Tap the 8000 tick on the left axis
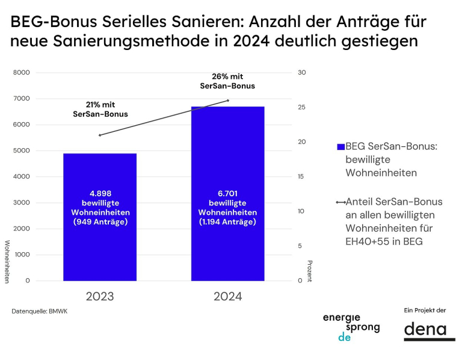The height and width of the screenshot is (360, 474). tap(22, 73)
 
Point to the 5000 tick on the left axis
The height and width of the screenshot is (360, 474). tap(22, 151)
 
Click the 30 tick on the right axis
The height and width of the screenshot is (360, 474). tap(302, 73)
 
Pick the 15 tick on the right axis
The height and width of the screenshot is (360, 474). tap(302, 177)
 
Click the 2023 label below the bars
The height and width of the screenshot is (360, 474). tap(100, 297)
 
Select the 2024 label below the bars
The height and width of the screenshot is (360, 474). tap(227, 297)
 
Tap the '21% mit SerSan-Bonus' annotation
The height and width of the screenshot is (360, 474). tap(100, 109)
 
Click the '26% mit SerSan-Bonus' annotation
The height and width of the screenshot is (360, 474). tap(227, 81)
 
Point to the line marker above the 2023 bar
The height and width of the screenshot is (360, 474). tap(100, 135)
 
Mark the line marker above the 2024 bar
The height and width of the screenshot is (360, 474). tap(227, 101)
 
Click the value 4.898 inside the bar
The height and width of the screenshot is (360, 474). tap(100, 194)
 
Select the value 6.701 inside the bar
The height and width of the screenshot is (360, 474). tap(227, 194)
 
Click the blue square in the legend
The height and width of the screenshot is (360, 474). tap(340, 147)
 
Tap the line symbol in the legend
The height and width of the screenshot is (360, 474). tap(340, 202)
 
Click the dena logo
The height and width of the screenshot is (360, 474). tap(425, 330)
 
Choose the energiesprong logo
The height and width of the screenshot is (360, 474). tap(351, 327)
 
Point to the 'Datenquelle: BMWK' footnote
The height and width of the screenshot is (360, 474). tap(40, 311)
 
